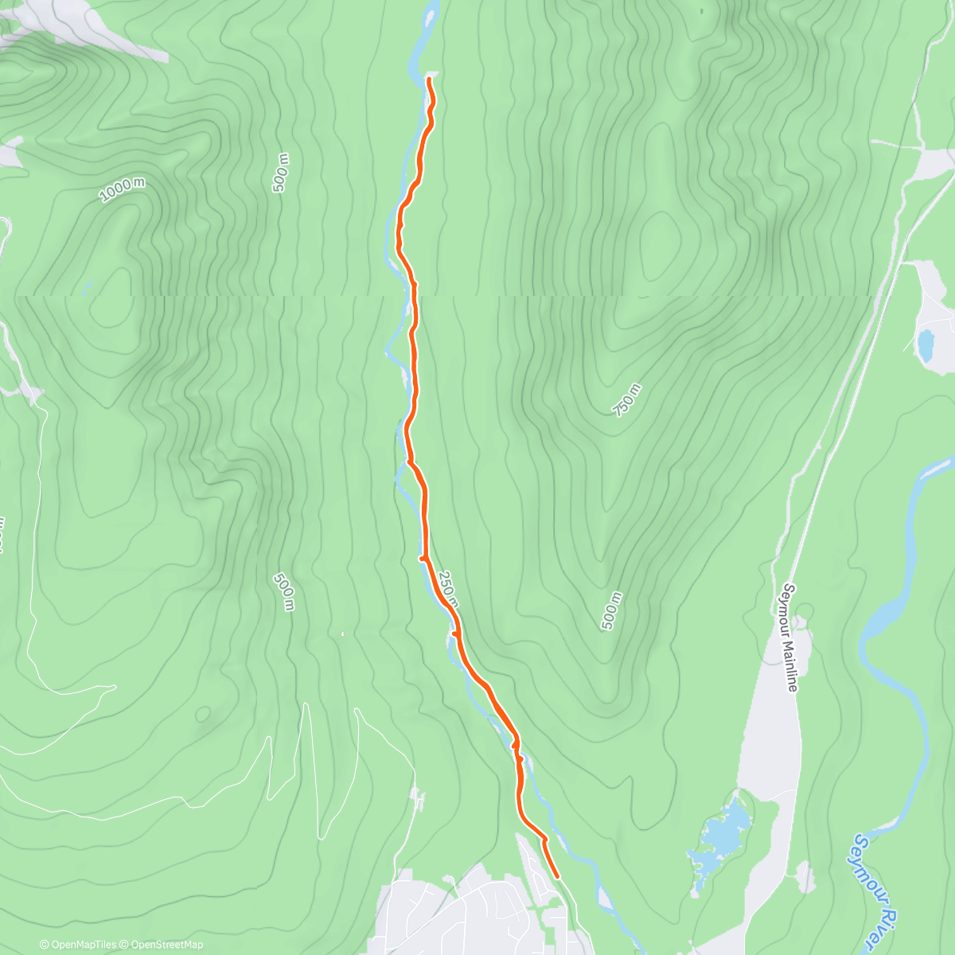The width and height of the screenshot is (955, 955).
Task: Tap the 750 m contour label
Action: [627, 400]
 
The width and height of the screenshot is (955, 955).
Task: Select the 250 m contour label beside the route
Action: [449, 590]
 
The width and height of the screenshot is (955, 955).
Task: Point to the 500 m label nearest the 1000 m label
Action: [280, 173]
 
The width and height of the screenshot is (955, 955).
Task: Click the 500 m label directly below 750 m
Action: [610, 612]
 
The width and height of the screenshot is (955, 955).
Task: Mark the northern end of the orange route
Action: [430, 80]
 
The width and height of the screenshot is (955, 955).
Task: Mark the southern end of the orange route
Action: [557, 877]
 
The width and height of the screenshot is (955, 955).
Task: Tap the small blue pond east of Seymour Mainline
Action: [926, 345]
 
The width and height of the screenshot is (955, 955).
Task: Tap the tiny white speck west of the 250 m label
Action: [342, 633]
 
